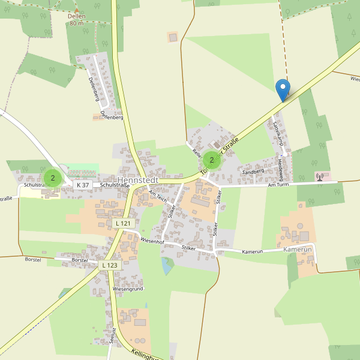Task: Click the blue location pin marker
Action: [x=283, y=90]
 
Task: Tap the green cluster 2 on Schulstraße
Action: [x=53, y=178]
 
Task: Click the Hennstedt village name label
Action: [x=139, y=180]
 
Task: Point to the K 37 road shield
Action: [x=83, y=185]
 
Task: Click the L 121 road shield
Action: [x=122, y=223]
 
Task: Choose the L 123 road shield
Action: [x=110, y=265]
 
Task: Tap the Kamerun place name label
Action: [x=298, y=248]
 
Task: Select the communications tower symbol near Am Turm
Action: [x=319, y=176]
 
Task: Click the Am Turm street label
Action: [x=280, y=185]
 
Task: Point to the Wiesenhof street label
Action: [x=152, y=240]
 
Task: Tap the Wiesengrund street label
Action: [x=128, y=289]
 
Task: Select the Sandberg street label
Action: [x=253, y=172]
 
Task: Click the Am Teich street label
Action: [x=157, y=194]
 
